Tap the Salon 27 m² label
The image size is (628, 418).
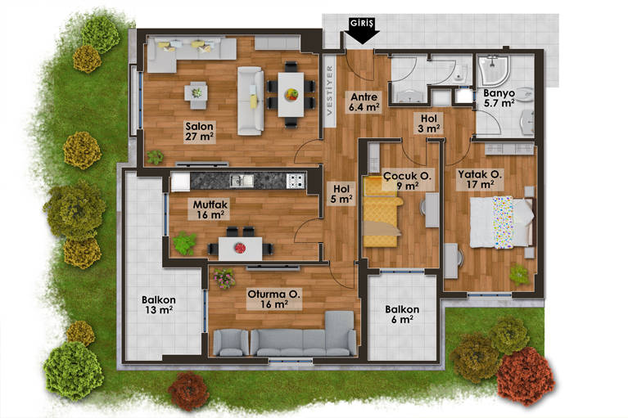click(200, 132)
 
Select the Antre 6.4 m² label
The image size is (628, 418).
click(364, 102)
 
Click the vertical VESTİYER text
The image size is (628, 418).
click(330, 91)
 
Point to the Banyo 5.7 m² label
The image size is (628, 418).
click(499, 98)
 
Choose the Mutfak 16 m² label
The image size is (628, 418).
click(210, 209)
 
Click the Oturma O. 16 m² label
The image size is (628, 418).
click(274, 299)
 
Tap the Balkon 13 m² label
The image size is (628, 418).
click(159, 304)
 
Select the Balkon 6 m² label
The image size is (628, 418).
click(402, 314)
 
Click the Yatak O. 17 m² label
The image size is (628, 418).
click(480, 180)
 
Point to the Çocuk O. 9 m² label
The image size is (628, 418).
click(407, 181)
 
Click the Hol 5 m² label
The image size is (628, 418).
click(341, 194)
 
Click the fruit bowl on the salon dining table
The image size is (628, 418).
click(291, 94)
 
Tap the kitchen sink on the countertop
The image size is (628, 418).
click(242, 181)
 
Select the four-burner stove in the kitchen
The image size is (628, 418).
click(296, 181)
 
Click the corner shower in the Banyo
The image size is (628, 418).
click(495, 71)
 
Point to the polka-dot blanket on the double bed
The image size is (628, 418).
click(503, 222)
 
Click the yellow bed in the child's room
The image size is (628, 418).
click(382, 212)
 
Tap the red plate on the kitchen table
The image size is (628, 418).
click(240, 249)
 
